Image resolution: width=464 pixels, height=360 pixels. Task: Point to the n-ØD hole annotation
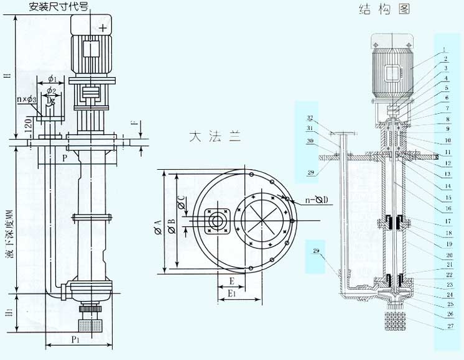click(x=315, y=200)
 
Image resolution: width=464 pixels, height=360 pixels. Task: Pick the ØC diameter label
click(x=182, y=202)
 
